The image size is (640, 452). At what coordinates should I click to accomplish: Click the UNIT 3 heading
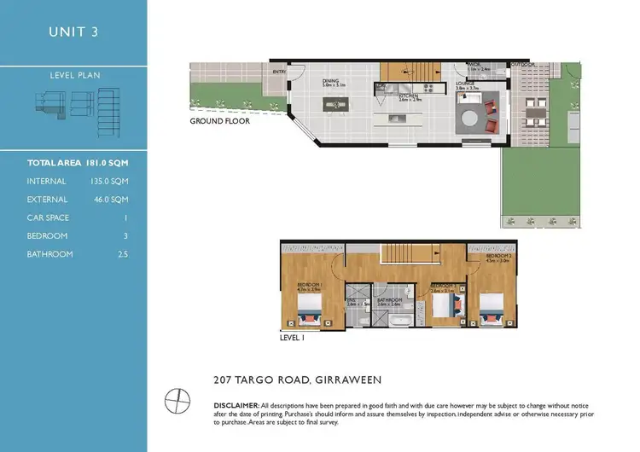click(73, 33)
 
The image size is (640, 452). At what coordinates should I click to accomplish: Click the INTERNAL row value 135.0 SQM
click(108, 181)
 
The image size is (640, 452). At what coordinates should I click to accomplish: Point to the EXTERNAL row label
click(47, 200)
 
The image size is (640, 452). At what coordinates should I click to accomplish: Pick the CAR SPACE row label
click(48, 217)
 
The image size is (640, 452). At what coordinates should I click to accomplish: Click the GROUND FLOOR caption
click(219, 122)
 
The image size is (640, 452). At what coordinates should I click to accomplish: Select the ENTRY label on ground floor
click(279, 72)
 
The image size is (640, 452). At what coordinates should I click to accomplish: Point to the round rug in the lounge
click(471, 118)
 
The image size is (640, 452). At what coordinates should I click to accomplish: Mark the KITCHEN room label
click(409, 96)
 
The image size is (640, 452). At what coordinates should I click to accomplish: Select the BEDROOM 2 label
click(498, 256)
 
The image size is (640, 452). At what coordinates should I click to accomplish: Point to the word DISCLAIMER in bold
click(236, 404)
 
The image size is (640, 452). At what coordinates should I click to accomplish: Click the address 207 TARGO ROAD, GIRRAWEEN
click(297, 379)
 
